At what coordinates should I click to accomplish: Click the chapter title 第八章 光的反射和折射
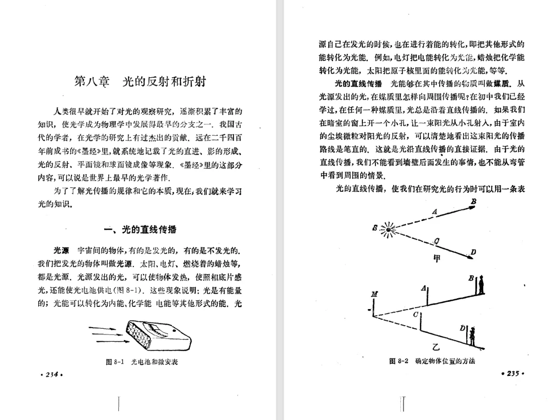point(141,81)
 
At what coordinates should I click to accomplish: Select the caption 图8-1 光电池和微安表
point(142,361)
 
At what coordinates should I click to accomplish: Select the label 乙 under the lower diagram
point(435,347)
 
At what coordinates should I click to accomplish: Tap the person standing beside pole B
point(481,284)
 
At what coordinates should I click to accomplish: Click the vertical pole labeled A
point(428,296)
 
